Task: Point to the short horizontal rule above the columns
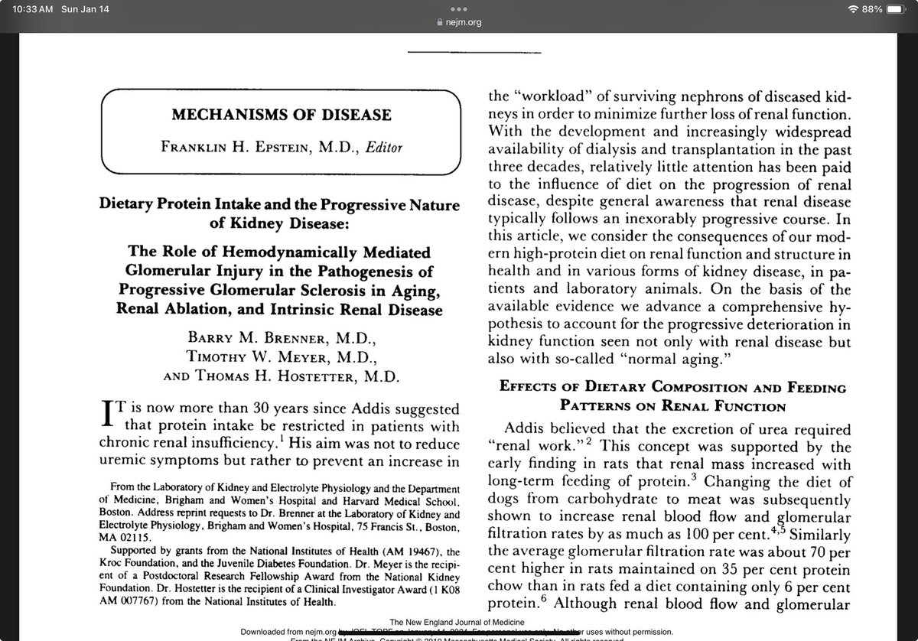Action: tap(474, 52)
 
